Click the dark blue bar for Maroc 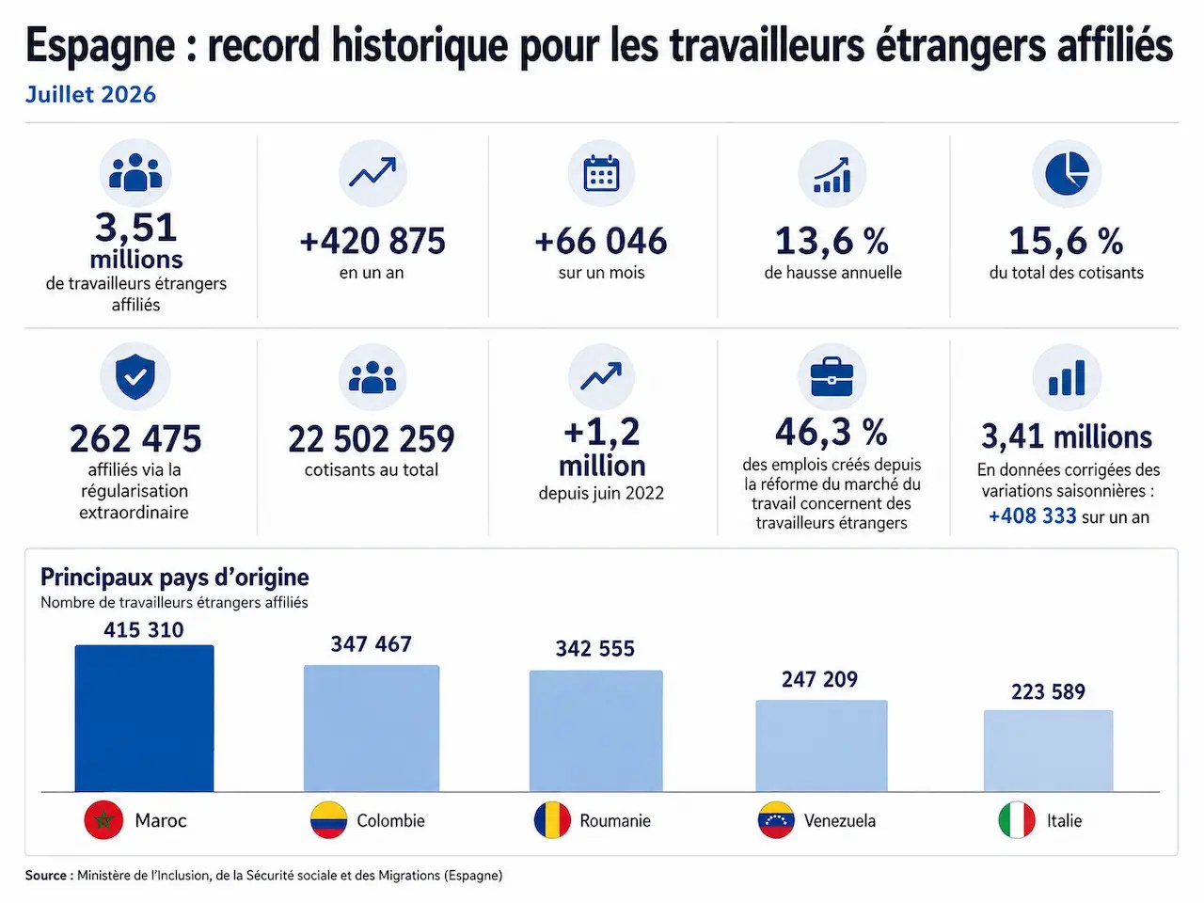point(144,719)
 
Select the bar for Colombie point(372,728)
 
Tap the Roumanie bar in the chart point(595,731)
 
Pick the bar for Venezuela point(821,746)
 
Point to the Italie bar point(1048,751)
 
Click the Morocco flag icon point(103,820)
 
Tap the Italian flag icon point(1017,820)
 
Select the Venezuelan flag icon point(776,820)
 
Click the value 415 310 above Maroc point(144,630)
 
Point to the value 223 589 point(1048,692)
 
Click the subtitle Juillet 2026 point(90,94)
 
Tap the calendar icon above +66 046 point(601,173)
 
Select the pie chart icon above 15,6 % point(1067,173)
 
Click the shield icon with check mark point(135,376)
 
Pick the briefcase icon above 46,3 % point(832,376)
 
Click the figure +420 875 point(372,241)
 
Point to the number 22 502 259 point(372,438)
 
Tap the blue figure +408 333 point(1032,516)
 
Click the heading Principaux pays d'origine point(174,577)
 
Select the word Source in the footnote point(46,876)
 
